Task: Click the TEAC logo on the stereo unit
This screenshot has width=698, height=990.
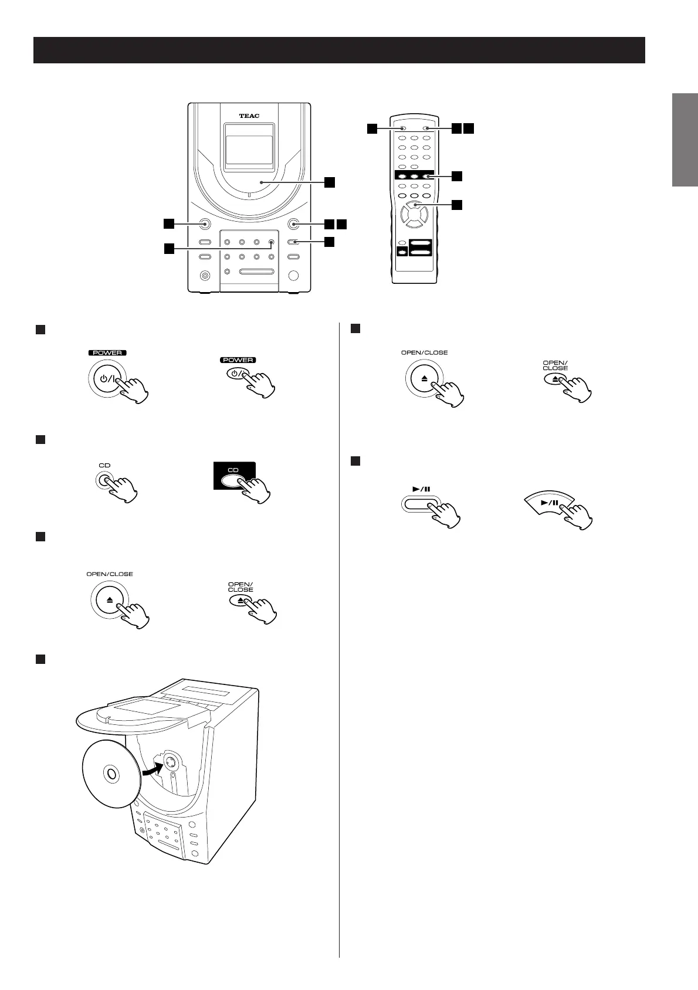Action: pyautogui.click(x=249, y=116)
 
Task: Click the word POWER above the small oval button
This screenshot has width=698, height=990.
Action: pyautogui.click(x=238, y=360)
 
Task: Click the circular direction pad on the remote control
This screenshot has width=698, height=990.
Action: pyautogui.click(x=414, y=216)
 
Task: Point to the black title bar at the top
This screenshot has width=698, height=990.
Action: pyautogui.click(x=339, y=50)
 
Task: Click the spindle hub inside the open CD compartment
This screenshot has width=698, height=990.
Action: pyautogui.click(x=169, y=763)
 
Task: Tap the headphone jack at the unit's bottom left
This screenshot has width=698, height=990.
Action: pyautogui.click(x=205, y=275)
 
